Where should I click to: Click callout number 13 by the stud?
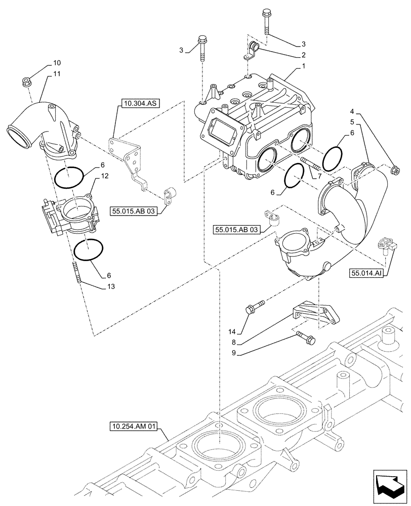(x=111, y=286)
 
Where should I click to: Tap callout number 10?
(x=57, y=63)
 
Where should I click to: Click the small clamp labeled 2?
(x=253, y=51)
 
